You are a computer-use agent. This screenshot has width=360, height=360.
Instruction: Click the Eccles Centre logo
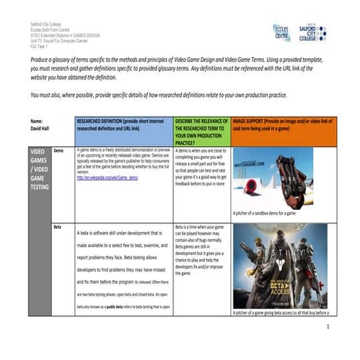(x=282, y=33)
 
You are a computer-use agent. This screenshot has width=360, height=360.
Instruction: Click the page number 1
(x=327, y=326)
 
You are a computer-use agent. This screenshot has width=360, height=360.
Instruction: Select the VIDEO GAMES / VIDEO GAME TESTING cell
(x=39, y=170)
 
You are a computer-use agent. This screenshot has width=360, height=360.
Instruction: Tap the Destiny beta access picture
(x=279, y=266)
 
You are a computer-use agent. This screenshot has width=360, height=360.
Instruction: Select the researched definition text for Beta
(x=123, y=270)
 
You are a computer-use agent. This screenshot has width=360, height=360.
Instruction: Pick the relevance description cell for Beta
(x=200, y=251)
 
